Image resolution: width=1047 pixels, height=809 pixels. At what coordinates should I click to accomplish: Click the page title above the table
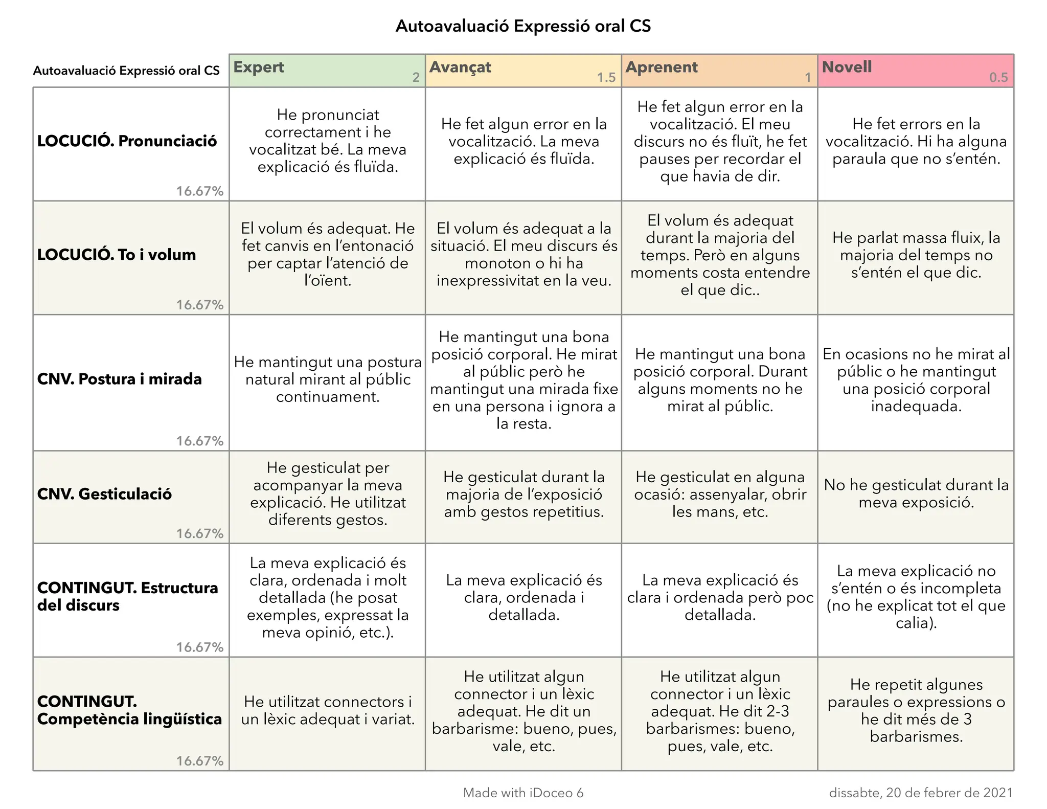click(x=523, y=26)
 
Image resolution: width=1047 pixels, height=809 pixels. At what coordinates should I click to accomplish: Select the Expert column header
click(x=259, y=68)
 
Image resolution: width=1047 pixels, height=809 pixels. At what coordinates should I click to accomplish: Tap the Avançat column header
click(x=460, y=68)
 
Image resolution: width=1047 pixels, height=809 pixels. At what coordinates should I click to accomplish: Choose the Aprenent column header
click(x=662, y=68)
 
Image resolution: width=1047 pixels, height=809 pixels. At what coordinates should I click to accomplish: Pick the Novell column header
click(x=847, y=67)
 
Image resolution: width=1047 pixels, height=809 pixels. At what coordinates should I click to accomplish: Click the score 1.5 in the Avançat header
click(x=606, y=78)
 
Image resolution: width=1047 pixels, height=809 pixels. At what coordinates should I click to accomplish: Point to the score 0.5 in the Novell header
click(x=998, y=78)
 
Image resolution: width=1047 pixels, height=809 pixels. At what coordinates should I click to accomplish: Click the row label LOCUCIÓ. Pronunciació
click(x=127, y=141)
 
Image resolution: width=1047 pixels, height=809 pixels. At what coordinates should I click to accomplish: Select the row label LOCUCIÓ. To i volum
click(x=117, y=255)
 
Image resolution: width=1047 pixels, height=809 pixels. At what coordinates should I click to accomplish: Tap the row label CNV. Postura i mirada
click(x=120, y=379)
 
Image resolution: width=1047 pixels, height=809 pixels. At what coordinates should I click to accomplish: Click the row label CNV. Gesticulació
click(x=104, y=494)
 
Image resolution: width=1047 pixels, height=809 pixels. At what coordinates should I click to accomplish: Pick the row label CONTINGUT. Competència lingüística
click(x=129, y=710)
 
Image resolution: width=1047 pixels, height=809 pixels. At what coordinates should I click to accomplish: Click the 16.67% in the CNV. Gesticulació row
click(x=200, y=533)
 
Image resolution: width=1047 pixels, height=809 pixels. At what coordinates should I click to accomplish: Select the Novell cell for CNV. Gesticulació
click(x=916, y=494)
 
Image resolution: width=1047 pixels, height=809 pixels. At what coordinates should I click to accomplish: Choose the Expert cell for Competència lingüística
click(x=328, y=711)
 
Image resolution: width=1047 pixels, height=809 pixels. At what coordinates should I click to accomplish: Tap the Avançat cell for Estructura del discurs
click(x=524, y=597)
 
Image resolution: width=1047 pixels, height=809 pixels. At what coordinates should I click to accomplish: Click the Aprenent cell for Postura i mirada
click(x=720, y=380)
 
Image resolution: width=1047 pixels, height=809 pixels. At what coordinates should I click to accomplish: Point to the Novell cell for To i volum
click(x=916, y=255)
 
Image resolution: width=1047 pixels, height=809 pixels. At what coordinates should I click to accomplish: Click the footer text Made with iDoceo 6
click(x=523, y=793)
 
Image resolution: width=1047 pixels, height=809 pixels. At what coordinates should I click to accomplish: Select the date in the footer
click(x=921, y=793)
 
